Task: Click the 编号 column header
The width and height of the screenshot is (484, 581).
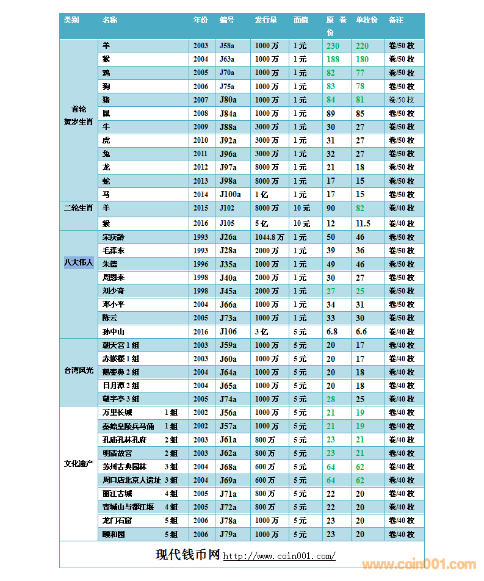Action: pos(227,20)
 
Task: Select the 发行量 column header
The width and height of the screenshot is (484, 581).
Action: pos(265,20)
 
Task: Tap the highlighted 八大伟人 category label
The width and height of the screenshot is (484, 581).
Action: pos(79,263)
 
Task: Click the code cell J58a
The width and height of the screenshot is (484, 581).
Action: pos(227,46)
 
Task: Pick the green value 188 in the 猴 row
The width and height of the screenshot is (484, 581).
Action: pos(333,59)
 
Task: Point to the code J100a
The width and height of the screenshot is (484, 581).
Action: pos(230,195)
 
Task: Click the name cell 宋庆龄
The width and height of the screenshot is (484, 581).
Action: pos(114,237)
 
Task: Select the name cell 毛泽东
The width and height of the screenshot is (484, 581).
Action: pos(114,250)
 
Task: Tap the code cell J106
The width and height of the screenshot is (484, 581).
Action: pos(228,332)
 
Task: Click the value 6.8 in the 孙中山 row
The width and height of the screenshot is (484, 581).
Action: pos(332,332)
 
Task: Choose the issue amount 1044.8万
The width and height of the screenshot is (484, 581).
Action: pos(269,237)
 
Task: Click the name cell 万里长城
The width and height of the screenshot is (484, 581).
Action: pos(117,413)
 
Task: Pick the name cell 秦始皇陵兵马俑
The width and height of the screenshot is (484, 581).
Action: pos(128,426)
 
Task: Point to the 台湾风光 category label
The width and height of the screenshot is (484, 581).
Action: pos(79,370)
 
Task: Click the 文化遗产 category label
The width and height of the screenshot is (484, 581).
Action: pos(79,464)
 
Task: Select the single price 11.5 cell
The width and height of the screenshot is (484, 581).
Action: pos(363,223)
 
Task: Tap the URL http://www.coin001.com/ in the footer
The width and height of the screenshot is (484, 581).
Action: pos(279,556)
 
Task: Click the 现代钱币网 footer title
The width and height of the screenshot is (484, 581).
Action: pos(187,555)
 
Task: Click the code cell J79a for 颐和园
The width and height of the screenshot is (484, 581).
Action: pos(227,534)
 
